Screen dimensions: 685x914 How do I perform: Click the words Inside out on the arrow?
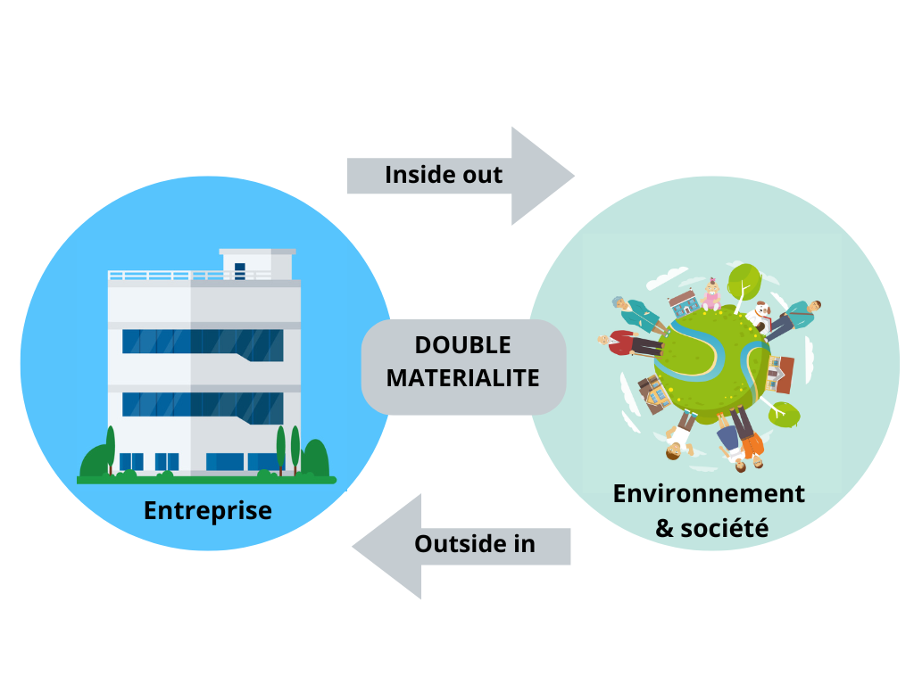tap(444, 175)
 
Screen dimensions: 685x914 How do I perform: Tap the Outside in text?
tap(474, 543)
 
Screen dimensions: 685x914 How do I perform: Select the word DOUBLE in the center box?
tap(463, 345)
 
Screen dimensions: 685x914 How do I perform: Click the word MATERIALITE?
tap(463, 378)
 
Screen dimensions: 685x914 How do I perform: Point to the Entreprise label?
tap(207, 511)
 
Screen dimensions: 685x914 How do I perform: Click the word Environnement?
tap(709, 493)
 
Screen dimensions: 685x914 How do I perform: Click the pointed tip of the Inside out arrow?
tap(571, 176)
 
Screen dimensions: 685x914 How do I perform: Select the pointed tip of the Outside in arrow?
tap(355, 546)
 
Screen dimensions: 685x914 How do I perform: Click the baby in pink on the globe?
tap(711, 295)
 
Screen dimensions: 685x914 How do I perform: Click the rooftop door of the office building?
tap(239, 271)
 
